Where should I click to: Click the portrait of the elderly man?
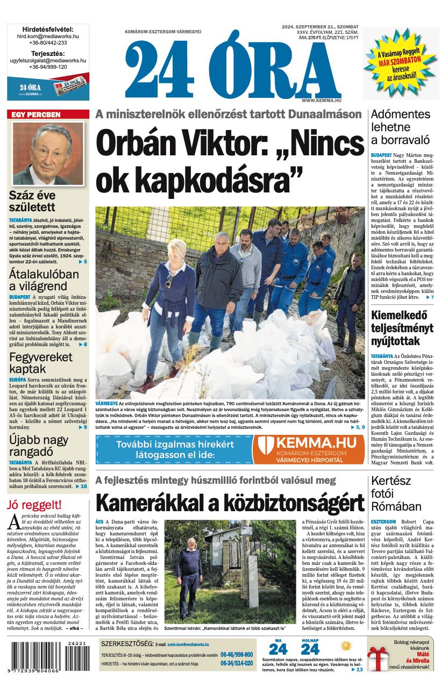48,154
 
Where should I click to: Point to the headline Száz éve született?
32,202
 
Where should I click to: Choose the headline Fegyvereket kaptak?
33,363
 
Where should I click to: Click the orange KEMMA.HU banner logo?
309,449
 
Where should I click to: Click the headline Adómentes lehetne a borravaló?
401,127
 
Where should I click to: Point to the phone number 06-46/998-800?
237,655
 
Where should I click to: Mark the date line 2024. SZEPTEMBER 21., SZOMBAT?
320,26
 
